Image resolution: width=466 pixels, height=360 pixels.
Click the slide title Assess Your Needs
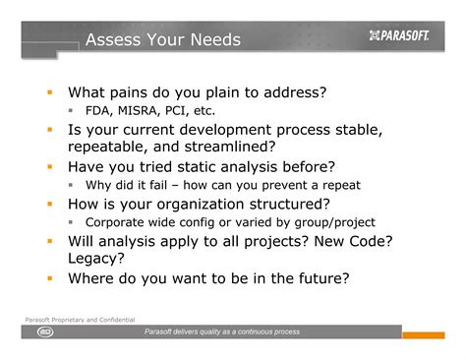coord(162,39)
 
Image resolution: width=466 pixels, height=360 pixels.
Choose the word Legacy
coord(98,259)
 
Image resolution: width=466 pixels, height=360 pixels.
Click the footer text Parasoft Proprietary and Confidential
coord(80,322)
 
